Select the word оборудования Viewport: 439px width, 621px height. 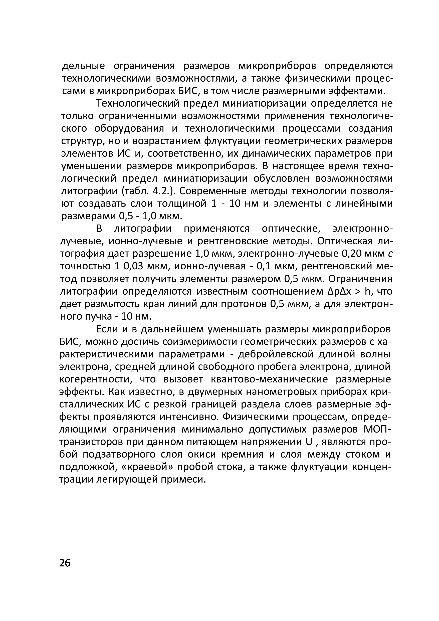(x=129, y=128)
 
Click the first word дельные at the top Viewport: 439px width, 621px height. (x=83, y=66)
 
